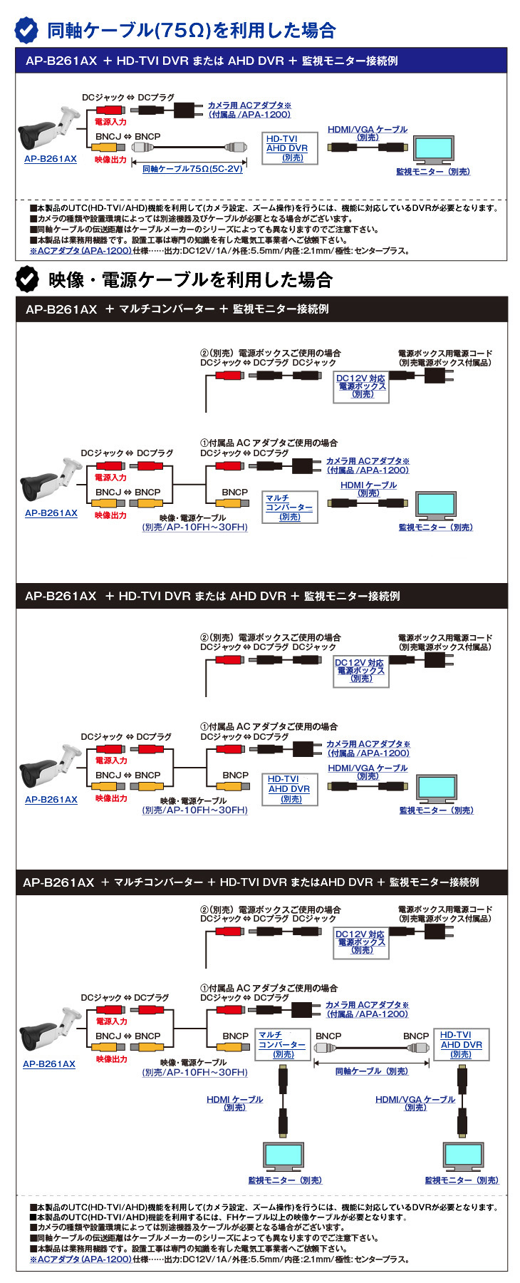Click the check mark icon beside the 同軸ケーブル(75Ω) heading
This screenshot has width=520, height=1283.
point(27,30)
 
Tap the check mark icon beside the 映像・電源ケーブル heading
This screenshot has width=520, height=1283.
point(27,279)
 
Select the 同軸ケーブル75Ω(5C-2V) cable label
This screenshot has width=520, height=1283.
point(192,169)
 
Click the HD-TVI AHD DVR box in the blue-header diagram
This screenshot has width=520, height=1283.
point(287,148)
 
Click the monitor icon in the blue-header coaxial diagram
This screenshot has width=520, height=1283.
point(433,150)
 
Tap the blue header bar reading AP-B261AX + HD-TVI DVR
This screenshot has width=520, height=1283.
point(261,61)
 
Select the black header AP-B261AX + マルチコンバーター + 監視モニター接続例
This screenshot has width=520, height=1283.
point(261,309)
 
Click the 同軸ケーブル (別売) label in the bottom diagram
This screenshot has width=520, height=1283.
point(371,1071)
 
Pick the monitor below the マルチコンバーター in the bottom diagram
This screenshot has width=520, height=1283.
point(284,1158)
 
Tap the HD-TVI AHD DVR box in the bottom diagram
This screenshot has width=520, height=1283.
point(461,1044)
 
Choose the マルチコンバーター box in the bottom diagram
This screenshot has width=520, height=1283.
point(283,1044)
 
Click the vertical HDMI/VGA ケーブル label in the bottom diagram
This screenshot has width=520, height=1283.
point(415,1103)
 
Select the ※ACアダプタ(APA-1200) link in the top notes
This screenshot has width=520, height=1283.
point(80,251)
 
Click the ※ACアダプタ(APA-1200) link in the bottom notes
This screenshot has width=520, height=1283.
point(80,1259)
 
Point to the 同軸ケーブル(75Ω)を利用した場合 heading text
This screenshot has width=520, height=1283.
point(191,31)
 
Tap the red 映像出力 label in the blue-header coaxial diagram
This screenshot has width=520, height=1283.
point(110,160)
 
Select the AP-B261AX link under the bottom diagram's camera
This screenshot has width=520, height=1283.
point(49,1064)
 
